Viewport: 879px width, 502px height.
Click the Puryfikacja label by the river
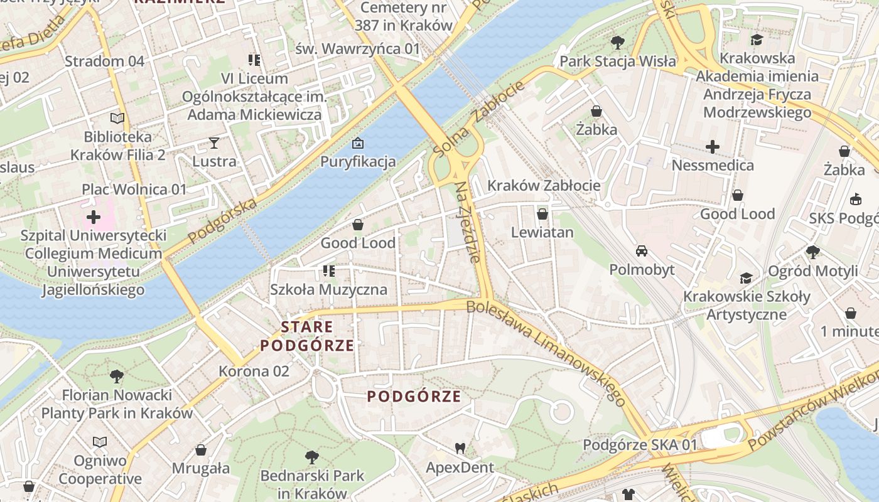(358, 161)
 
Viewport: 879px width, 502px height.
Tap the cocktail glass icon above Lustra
(214, 142)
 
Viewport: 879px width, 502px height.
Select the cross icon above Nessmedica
(712, 147)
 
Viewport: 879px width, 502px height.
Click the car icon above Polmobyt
(642, 251)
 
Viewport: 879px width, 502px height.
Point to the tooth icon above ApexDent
(460, 448)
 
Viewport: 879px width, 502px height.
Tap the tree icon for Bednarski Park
(311, 457)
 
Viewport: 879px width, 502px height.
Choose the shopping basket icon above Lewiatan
(542, 214)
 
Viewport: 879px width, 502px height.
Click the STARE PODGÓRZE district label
(307, 336)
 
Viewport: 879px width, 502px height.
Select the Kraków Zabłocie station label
(544, 186)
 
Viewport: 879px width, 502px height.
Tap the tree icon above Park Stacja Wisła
(617, 43)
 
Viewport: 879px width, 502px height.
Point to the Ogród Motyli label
(813, 272)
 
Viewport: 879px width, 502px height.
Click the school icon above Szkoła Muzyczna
(328, 271)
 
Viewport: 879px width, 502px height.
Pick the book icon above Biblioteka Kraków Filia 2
(117, 118)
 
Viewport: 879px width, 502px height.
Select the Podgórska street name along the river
(223, 220)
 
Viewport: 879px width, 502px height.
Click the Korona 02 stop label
(254, 371)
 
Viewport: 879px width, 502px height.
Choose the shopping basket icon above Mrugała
(201, 450)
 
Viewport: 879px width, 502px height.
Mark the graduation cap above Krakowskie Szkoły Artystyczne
(746, 278)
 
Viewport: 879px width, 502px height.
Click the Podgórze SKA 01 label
(640, 445)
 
